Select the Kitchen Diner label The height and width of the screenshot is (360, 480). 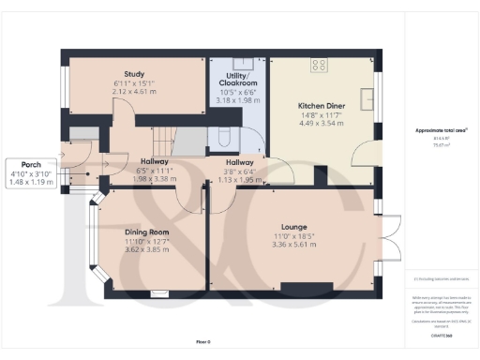(x=322, y=106)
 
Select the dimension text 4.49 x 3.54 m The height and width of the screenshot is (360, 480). (x=322, y=122)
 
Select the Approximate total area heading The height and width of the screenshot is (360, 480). (x=442, y=132)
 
